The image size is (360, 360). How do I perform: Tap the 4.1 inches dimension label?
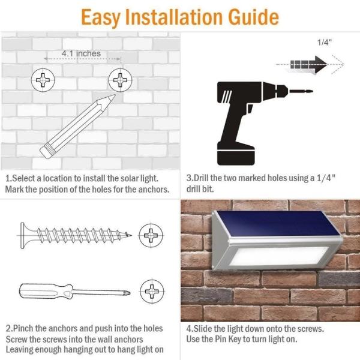[81, 53]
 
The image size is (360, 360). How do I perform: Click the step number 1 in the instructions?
[8, 178]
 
